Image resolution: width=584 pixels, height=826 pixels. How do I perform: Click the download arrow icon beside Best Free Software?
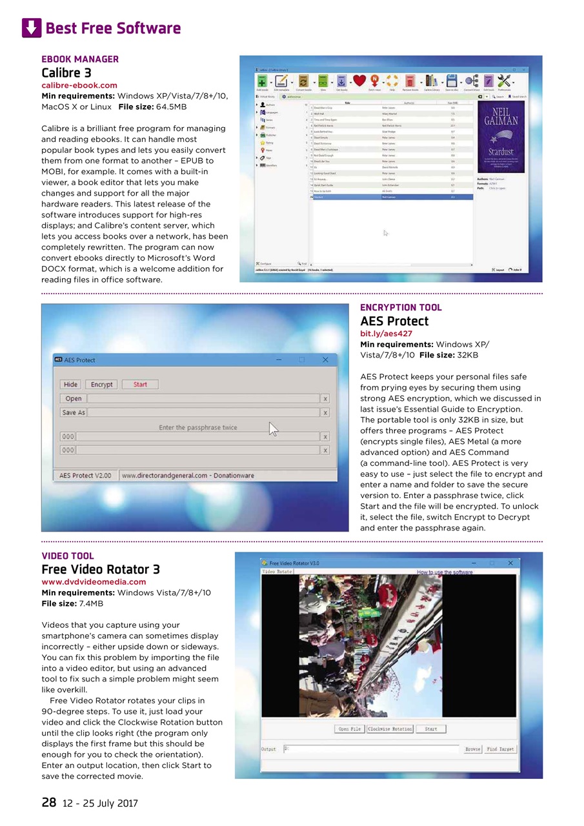pos(32,28)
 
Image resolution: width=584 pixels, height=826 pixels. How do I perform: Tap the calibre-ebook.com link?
pos(79,85)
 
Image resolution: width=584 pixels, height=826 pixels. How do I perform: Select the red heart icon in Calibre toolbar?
pos(359,81)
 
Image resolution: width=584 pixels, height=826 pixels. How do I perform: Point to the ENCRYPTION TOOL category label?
pos(401,308)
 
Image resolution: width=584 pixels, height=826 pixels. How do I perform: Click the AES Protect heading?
pos(394,321)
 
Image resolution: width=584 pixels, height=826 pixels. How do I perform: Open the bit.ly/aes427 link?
pos(386,334)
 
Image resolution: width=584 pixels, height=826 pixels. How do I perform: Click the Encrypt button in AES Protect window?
pos(101,385)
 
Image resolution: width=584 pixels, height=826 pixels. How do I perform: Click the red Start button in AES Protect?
pos(140,385)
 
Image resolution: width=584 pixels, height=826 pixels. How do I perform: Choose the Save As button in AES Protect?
pos(73,412)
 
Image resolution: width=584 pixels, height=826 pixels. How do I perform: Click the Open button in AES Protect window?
pos(74,398)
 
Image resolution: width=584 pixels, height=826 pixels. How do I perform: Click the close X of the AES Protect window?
pos(325,360)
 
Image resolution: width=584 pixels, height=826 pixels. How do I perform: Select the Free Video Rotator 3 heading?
pos(101,569)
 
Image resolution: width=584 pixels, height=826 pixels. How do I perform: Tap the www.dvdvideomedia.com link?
pos(94,581)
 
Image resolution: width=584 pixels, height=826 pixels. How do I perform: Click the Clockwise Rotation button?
pos(390,729)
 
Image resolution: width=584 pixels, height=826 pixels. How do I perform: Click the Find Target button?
pos(501,749)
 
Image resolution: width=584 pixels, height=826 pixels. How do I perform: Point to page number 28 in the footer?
pos(49,803)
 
